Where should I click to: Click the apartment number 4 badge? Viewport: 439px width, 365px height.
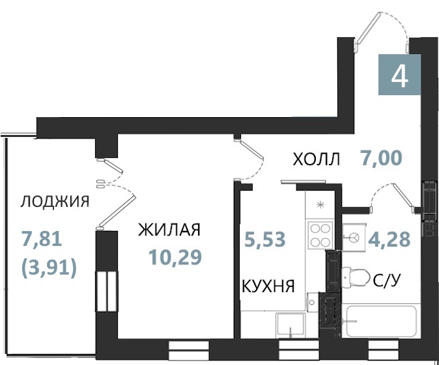[399, 74]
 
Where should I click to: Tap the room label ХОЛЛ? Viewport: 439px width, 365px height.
[316, 159]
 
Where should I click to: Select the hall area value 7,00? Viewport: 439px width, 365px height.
[381, 157]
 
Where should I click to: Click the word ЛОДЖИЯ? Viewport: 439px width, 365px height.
[55, 202]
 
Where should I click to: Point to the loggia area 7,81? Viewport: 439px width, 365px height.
[42, 241]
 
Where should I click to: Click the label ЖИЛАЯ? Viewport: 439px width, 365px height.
[169, 230]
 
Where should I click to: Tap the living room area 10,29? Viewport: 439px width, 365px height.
[175, 257]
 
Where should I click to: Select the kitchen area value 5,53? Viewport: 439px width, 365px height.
[265, 239]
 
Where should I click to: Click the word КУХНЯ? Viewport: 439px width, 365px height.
[268, 286]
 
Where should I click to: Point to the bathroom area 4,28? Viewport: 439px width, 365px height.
[389, 239]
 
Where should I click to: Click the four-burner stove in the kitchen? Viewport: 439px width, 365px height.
[320, 235]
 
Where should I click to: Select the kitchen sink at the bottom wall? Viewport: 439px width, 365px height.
[290, 325]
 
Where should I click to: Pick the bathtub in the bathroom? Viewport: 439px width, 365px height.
[381, 321]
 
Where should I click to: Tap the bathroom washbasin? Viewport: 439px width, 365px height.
[354, 237]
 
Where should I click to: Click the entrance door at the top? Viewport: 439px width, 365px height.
[381, 32]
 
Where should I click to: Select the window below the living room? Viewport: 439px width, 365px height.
[189, 350]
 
